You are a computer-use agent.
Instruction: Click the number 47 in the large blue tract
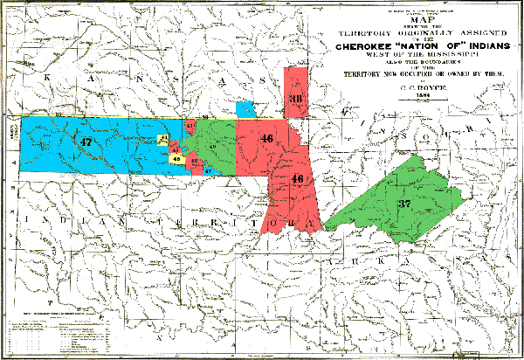point(84,142)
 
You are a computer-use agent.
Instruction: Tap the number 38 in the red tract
point(295,100)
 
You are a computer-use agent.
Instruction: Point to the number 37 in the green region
point(403,203)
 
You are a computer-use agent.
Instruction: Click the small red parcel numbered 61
point(190,127)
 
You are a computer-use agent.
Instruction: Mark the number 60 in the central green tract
point(212,146)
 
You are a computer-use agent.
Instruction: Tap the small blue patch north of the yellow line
point(245,109)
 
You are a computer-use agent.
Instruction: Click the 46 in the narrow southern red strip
point(297,179)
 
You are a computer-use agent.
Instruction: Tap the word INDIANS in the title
point(468,35)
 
